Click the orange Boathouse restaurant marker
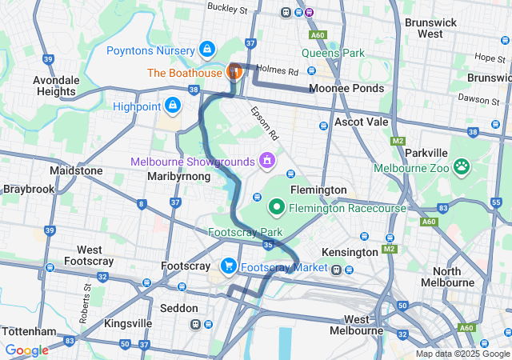(x=234, y=71)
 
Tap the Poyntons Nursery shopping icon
(x=207, y=50)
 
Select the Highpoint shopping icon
(x=173, y=105)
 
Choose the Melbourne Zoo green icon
(x=462, y=167)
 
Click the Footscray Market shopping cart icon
(x=228, y=266)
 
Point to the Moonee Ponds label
(x=346, y=88)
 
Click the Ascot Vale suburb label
(x=360, y=122)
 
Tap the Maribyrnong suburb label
(x=179, y=176)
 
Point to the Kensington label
(x=349, y=252)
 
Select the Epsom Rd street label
(x=262, y=121)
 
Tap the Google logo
(x=26, y=350)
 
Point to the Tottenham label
(x=29, y=331)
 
